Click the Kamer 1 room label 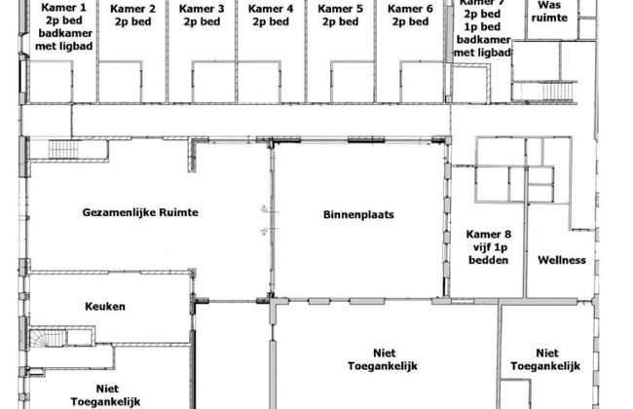62,8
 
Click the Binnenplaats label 358,214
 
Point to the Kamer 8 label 488,235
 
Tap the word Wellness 562,260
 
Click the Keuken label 105,306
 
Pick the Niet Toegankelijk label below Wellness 544,359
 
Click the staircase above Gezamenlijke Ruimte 54,150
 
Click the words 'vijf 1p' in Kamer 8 488,247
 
